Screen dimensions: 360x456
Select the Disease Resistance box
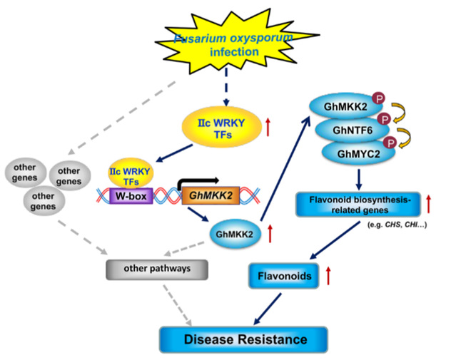[x=243, y=337]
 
